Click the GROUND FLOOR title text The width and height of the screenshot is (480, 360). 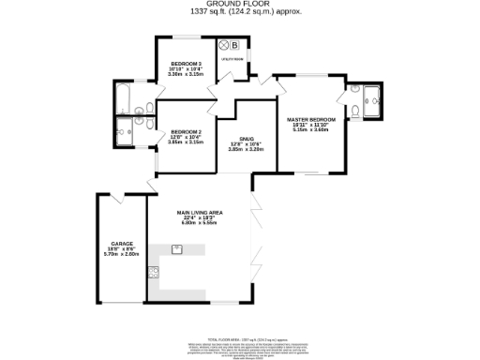(240, 5)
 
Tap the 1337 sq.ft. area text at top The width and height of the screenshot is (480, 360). (240, 13)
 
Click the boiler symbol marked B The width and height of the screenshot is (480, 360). (234, 44)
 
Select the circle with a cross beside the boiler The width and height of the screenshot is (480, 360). (223, 44)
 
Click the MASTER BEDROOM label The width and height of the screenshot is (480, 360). (311, 119)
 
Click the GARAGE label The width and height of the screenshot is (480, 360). (120, 243)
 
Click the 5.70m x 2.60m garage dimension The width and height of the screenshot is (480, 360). (120, 254)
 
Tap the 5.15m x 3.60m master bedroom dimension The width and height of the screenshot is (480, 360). (311, 130)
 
